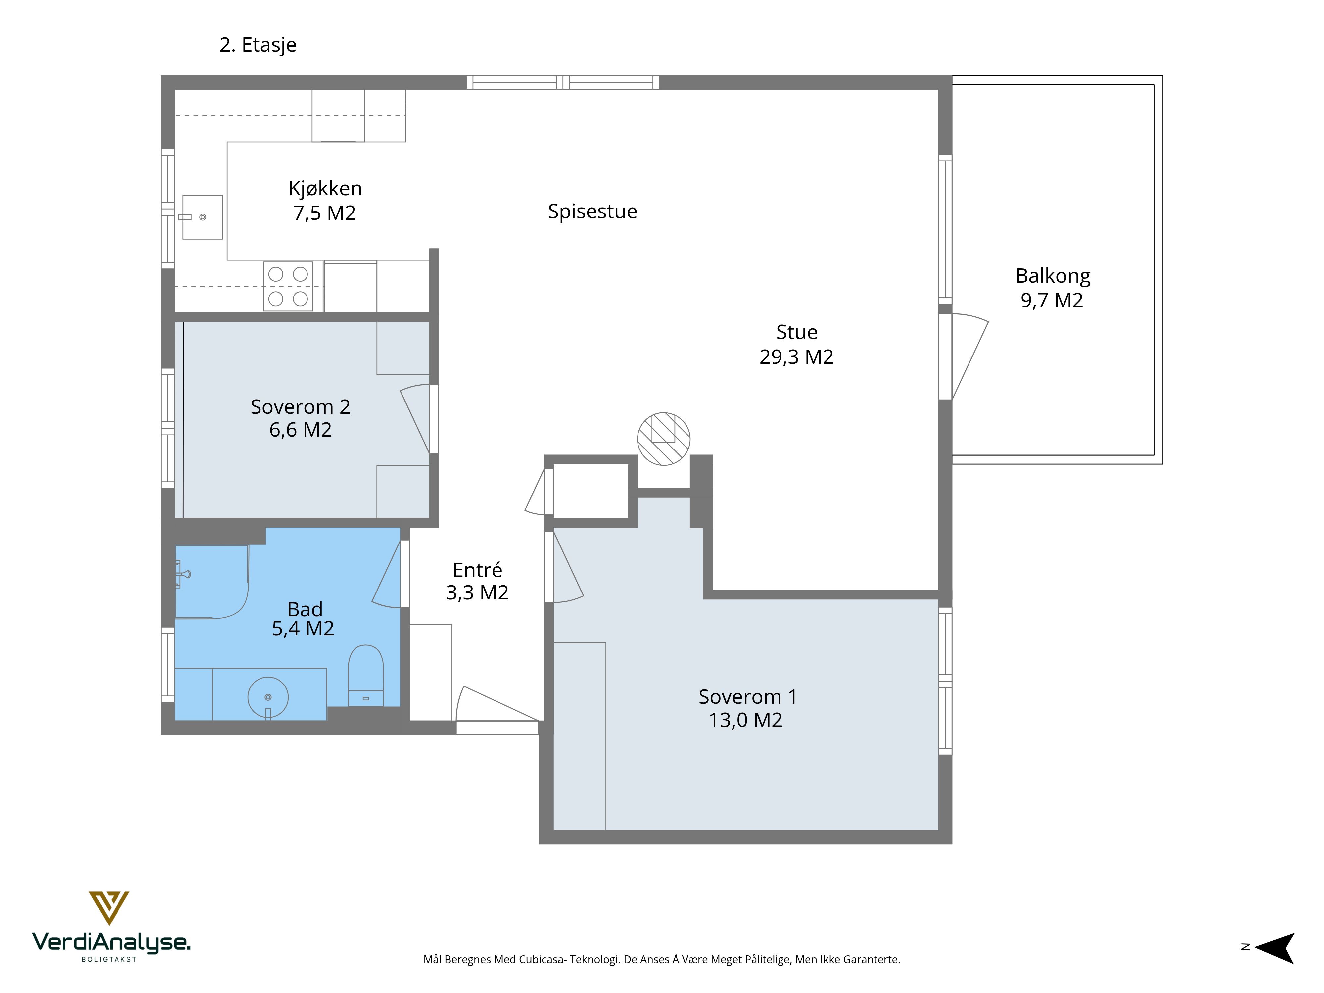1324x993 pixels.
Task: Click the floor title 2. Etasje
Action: tap(258, 45)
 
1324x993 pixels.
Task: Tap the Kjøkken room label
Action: tap(325, 189)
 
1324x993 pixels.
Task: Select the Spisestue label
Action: tap(592, 211)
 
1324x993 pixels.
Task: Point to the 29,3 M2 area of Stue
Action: tap(797, 357)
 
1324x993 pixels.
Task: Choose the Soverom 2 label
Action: tap(301, 407)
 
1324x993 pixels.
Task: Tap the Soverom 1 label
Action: tap(748, 697)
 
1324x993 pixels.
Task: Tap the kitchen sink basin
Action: tap(202, 217)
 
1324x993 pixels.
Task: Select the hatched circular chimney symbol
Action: tap(663, 439)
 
